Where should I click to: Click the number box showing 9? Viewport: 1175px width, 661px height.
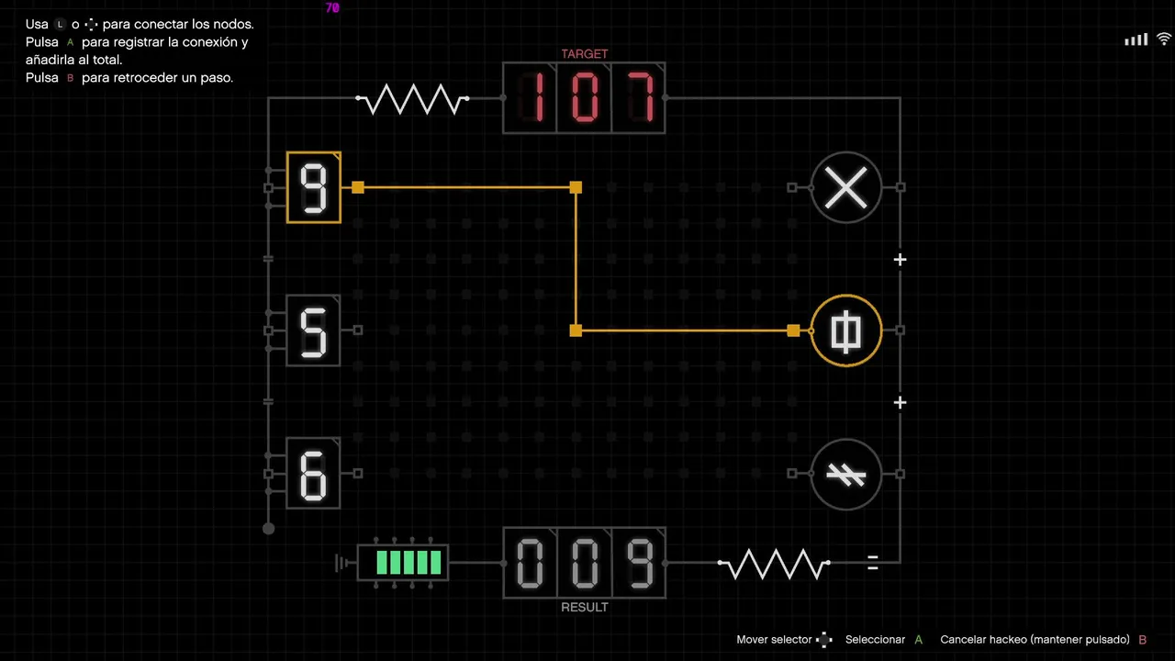[314, 187]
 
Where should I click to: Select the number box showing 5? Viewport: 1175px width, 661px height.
[314, 330]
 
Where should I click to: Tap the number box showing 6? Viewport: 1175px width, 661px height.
[314, 473]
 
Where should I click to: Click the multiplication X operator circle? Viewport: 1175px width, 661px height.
[846, 187]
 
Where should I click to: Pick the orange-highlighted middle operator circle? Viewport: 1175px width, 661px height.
[846, 330]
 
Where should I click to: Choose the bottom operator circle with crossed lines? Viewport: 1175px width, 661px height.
[846, 474]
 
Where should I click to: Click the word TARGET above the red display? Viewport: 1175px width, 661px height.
[585, 54]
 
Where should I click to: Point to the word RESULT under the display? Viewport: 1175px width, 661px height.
[585, 607]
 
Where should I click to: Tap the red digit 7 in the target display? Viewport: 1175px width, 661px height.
[641, 97]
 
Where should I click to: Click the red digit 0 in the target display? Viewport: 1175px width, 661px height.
[585, 97]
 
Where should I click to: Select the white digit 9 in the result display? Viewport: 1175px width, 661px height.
[641, 563]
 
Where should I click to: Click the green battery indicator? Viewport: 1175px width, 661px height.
[403, 563]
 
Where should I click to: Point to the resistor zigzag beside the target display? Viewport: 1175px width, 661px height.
[412, 98]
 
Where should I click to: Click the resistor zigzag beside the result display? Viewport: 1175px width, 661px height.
[774, 564]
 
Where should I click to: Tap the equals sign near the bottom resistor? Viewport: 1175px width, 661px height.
[873, 563]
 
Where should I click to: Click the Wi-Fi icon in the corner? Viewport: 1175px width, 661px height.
[1163, 39]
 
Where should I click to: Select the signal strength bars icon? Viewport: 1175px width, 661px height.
[1136, 39]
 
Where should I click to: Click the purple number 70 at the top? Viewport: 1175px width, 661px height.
[332, 8]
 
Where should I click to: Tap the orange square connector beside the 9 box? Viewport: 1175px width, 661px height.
[358, 187]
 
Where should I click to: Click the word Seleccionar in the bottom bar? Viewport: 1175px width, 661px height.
[875, 640]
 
